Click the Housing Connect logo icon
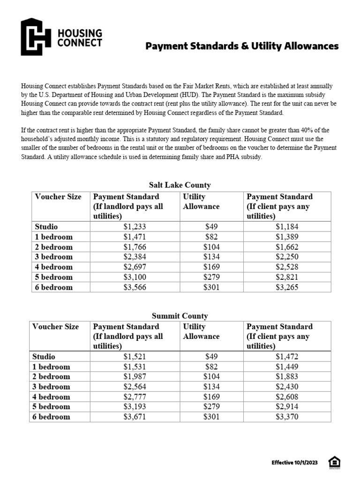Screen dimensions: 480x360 click(x=36, y=37)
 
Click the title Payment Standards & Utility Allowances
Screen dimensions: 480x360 click(x=241, y=46)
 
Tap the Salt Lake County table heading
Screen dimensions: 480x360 click(x=180, y=185)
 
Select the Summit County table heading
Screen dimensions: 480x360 click(x=180, y=316)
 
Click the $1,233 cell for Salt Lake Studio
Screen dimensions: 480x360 click(x=135, y=227)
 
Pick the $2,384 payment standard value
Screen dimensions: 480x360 click(x=135, y=257)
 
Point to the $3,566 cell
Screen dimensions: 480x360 click(x=135, y=287)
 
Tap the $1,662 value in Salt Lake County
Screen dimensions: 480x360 click(x=287, y=247)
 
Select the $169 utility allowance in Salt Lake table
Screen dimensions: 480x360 click(x=211, y=267)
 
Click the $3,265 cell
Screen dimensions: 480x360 click(x=287, y=287)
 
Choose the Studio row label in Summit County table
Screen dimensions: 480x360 click(x=44, y=357)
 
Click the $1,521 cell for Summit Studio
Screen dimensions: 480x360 click(x=135, y=357)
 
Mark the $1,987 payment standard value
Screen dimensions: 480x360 click(x=135, y=377)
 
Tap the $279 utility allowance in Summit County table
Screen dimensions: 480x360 click(x=211, y=407)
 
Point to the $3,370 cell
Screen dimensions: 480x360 click(x=287, y=417)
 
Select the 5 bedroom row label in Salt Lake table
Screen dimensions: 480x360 click(x=53, y=277)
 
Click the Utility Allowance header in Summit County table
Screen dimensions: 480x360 click(x=201, y=331)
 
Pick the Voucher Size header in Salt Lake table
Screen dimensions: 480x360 click(x=58, y=197)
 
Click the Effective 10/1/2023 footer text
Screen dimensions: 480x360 click(x=295, y=463)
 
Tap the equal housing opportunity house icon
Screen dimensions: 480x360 click(x=334, y=462)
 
